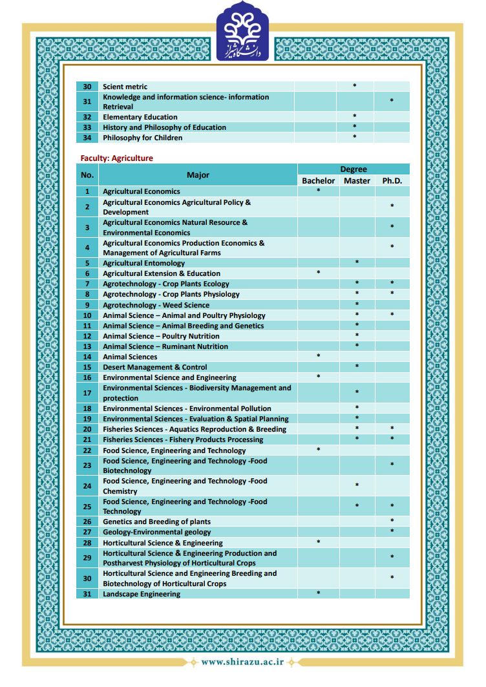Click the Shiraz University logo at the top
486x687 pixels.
[243, 31]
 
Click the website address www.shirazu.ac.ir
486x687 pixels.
[242, 662]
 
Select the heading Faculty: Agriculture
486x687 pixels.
[116, 158]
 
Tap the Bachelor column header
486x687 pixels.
[318, 181]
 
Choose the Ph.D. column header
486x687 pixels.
[392, 181]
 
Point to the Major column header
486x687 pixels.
[198, 175]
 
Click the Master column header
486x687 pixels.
[357, 181]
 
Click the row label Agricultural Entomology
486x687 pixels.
[143, 263]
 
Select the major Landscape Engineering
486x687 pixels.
[142, 594]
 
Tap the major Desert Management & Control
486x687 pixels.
[155, 367]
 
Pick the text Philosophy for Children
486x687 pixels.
[142, 138]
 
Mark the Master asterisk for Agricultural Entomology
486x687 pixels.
[357, 262]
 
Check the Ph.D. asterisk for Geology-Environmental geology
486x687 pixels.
[392, 531]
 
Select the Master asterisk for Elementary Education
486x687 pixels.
[354, 116]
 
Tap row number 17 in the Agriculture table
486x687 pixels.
[87, 393]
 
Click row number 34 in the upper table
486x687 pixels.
[87, 138]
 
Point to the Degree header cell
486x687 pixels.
[354, 169]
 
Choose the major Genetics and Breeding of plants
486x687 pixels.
[156, 522]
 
